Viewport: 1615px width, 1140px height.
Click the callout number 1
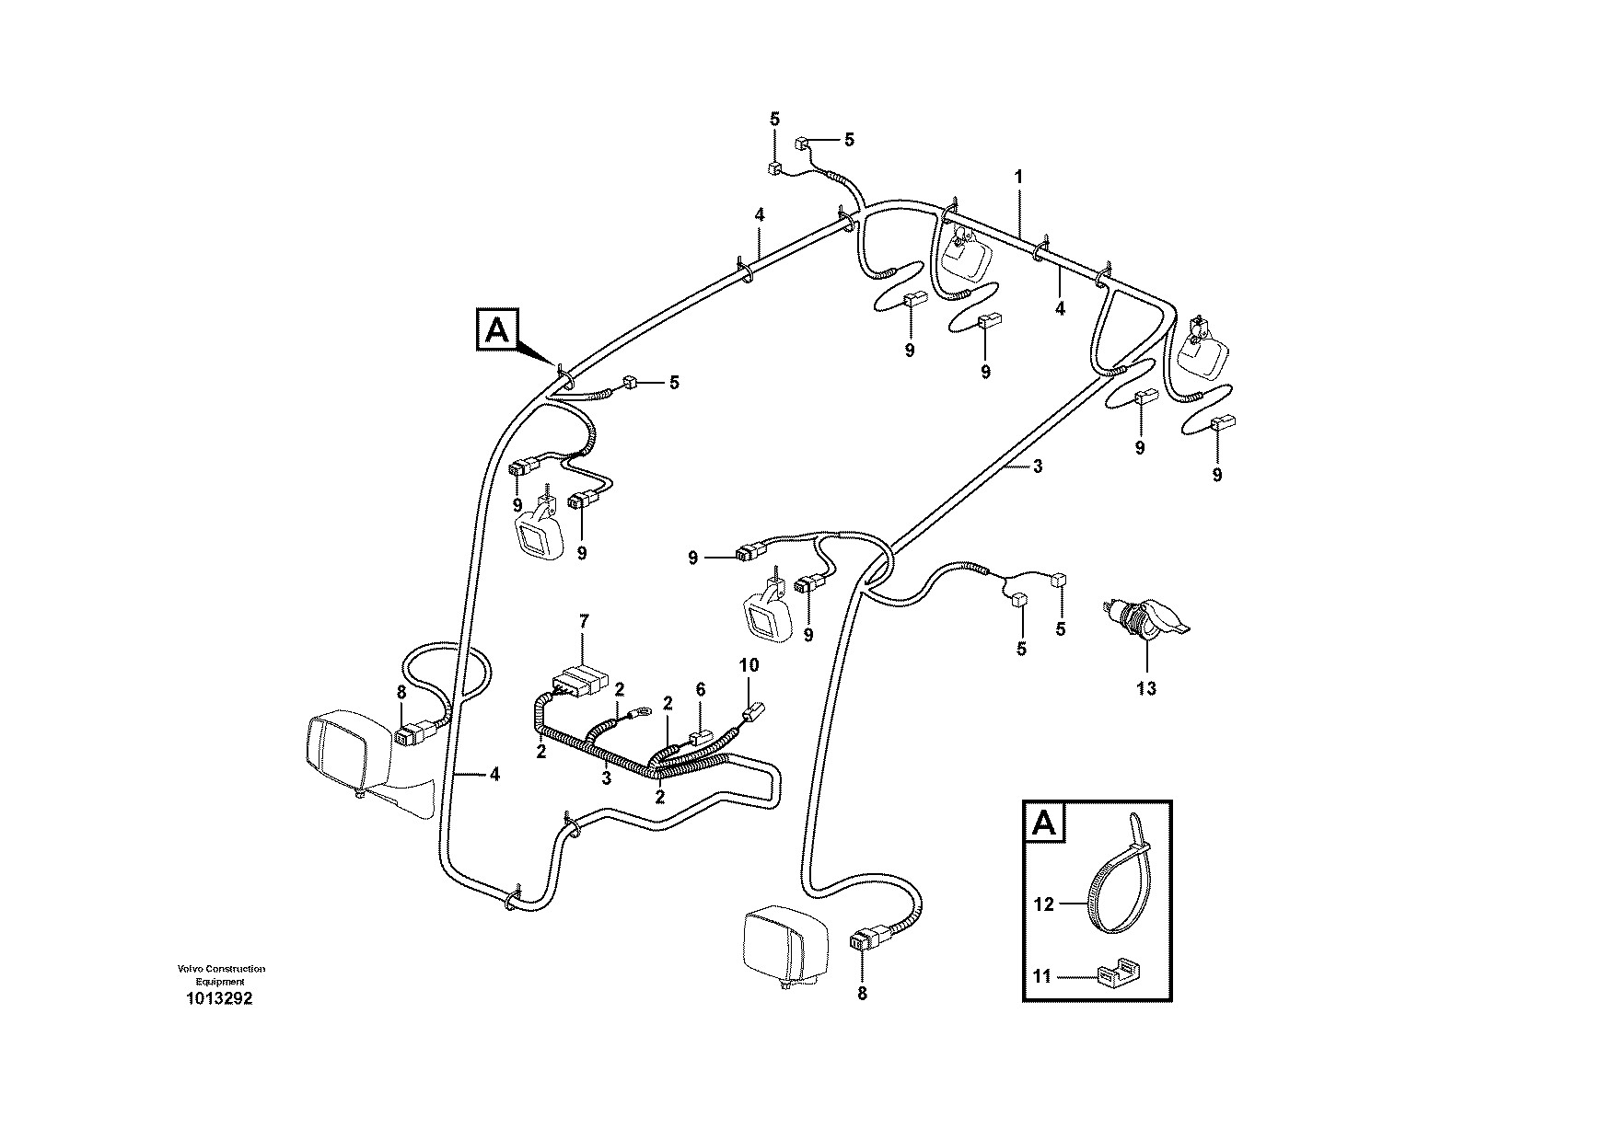coord(1018,175)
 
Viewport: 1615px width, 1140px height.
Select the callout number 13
coord(1146,687)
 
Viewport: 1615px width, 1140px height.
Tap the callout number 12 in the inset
coord(1043,904)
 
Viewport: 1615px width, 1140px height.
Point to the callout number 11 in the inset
coord(1042,977)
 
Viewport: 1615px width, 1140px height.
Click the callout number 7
coord(582,621)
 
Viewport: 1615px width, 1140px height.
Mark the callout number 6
coord(700,688)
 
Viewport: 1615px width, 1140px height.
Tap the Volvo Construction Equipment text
coord(221,975)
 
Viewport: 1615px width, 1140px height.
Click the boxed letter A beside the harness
coord(497,329)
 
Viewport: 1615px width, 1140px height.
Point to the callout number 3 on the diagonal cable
coord(1038,466)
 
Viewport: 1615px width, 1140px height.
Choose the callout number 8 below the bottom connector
coord(862,993)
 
